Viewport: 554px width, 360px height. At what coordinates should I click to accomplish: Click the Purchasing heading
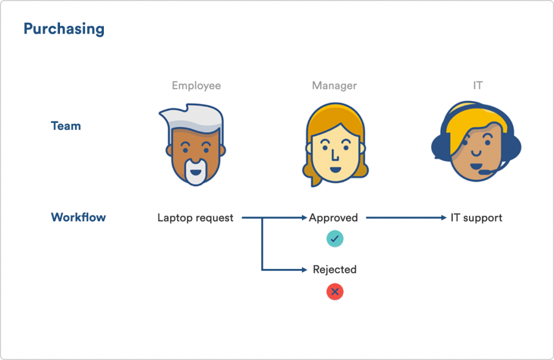click(64, 29)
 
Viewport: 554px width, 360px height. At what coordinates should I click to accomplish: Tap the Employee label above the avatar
click(196, 86)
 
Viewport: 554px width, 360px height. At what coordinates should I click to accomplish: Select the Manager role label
click(334, 86)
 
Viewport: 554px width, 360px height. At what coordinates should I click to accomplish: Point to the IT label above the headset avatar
click(478, 86)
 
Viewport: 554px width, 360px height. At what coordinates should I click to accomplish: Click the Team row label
click(65, 126)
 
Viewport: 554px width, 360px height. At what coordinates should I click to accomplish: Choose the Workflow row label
click(78, 217)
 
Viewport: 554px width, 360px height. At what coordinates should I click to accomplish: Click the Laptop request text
click(195, 218)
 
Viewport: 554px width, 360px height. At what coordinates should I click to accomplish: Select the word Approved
click(333, 218)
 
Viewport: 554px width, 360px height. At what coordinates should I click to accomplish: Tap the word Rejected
click(334, 270)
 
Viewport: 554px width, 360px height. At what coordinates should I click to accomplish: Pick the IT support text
click(476, 218)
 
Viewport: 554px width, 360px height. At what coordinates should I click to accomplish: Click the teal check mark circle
click(334, 239)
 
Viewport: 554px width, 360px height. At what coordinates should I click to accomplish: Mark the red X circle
click(334, 291)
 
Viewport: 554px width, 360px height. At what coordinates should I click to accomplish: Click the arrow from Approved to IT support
click(406, 218)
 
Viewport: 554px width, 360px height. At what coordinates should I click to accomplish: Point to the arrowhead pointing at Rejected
click(305, 270)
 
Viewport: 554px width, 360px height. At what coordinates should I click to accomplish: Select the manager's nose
click(334, 154)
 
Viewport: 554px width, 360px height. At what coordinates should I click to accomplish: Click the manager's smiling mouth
click(335, 169)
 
